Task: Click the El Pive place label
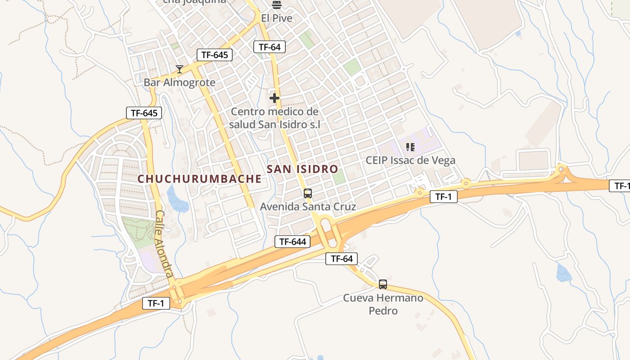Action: [277, 18]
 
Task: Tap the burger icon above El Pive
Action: [277, 5]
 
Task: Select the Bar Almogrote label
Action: [180, 83]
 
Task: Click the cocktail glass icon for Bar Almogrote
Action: [180, 69]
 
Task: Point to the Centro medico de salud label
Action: [274, 118]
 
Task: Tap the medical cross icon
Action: [274, 98]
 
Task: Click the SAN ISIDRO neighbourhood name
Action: [302, 169]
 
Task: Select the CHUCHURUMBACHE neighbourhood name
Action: [199, 179]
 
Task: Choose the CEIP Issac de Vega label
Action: [410, 160]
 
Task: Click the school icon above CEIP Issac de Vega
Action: [410, 147]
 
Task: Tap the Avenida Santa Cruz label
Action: [308, 207]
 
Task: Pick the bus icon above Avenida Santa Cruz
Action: [308, 193]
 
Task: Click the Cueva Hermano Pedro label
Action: [383, 304]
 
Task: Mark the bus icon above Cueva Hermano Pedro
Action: [383, 284]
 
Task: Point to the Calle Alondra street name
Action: [164, 243]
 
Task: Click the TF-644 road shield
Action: [292, 242]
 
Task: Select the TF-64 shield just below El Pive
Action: [270, 47]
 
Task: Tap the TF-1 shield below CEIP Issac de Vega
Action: [443, 197]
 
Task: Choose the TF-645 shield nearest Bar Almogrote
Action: [215, 55]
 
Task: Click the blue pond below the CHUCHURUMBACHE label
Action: [178, 200]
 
